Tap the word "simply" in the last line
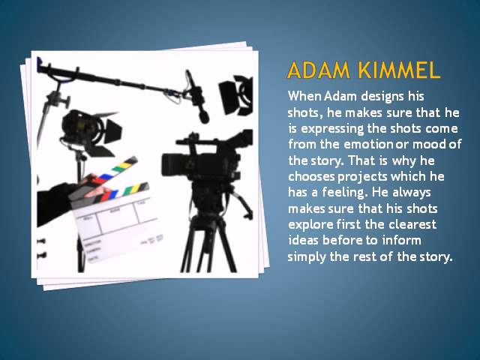307,256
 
